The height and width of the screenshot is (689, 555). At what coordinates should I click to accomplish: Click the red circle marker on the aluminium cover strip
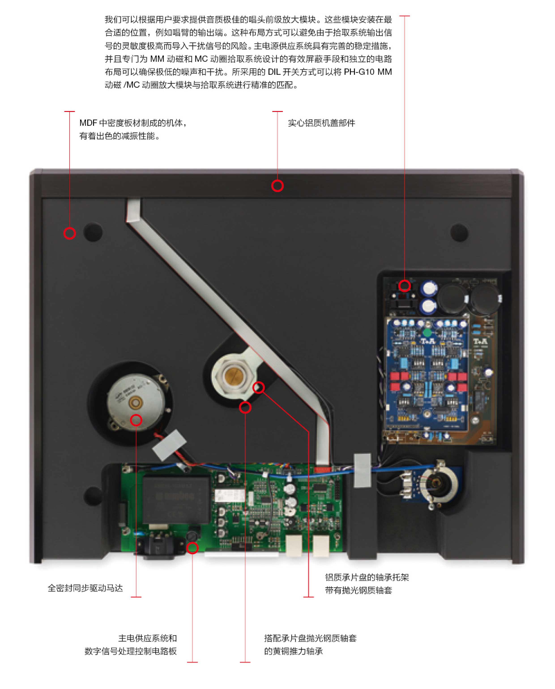[277, 186]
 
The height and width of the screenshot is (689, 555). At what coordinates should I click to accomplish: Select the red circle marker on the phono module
[404, 285]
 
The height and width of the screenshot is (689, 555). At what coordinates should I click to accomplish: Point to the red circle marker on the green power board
[192, 548]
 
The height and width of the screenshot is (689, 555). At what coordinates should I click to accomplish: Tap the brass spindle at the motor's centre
[136, 402]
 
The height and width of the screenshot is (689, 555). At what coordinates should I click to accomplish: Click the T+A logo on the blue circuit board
[428, 341]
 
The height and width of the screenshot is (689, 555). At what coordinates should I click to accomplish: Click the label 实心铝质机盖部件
[321, 123]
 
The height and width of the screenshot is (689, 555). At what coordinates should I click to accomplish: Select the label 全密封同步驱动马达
[85, 588]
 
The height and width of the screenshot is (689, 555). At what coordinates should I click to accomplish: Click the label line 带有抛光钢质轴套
[358, 590]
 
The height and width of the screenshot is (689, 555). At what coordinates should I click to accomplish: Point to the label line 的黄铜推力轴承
[293, 651]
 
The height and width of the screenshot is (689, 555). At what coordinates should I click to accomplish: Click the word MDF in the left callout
[88, 123]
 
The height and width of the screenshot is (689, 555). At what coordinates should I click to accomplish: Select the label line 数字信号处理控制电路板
[130, 651]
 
